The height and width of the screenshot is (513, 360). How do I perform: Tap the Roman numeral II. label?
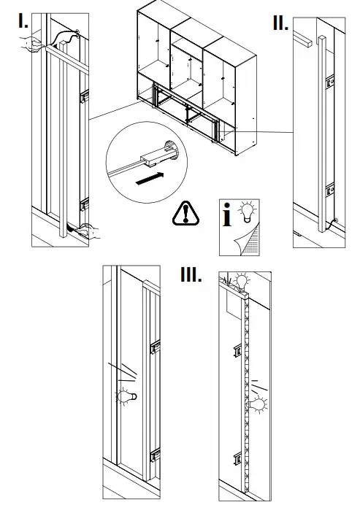(280, 22)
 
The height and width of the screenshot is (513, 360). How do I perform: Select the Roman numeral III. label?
(191, 275)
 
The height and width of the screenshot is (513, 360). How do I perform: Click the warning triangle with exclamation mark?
(188, 212)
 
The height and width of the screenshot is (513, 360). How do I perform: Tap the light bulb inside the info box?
(248, 212)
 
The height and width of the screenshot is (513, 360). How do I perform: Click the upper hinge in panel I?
(84, 96)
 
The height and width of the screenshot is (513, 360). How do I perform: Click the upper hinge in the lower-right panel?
(237, 352)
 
